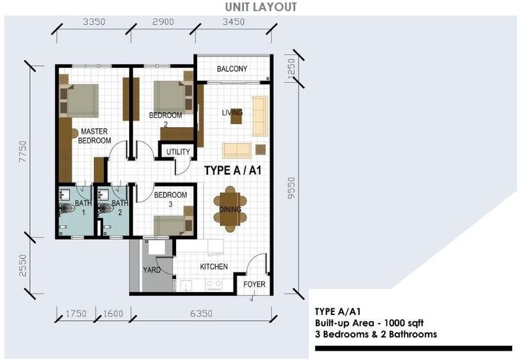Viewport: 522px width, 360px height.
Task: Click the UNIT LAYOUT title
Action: point(260,7)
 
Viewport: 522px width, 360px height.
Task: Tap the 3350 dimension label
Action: point(94,22)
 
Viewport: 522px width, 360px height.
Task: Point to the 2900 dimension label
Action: point(163,22)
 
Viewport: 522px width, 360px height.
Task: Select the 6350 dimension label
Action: point(201,314)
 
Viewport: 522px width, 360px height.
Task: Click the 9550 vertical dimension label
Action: point(291,188)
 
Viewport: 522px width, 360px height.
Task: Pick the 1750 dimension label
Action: point(76,314)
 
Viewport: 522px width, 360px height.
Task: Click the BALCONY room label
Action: point(232,69)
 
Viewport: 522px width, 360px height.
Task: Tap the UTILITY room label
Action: point(178,152)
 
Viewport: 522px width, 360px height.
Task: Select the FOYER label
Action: point(254,284)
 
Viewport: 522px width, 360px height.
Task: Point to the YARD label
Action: point(152,270)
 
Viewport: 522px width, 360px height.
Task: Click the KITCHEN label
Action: point(214,267)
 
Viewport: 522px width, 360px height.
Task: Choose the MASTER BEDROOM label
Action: point(94,136)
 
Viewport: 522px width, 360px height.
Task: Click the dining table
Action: point(230,209)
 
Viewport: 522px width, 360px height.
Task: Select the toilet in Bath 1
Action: point(67,208)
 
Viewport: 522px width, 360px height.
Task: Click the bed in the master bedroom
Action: point(79,100)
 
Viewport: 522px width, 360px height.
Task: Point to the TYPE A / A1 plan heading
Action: point(233,170)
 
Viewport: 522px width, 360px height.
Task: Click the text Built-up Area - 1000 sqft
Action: point(369,323)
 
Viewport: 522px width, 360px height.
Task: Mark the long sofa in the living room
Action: point(260,116)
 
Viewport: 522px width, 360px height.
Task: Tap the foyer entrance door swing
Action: point(256,265)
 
